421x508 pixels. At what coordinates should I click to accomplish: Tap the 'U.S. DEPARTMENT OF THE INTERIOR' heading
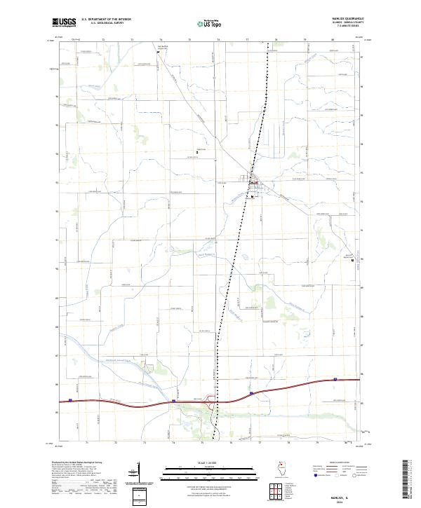[x=106, y=19]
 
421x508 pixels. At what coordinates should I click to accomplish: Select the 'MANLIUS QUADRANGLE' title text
[x=354, y=19]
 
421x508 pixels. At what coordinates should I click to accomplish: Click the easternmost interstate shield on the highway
[x=335, y=380]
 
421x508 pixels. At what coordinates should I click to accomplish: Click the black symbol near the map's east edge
[x=352, y=260]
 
